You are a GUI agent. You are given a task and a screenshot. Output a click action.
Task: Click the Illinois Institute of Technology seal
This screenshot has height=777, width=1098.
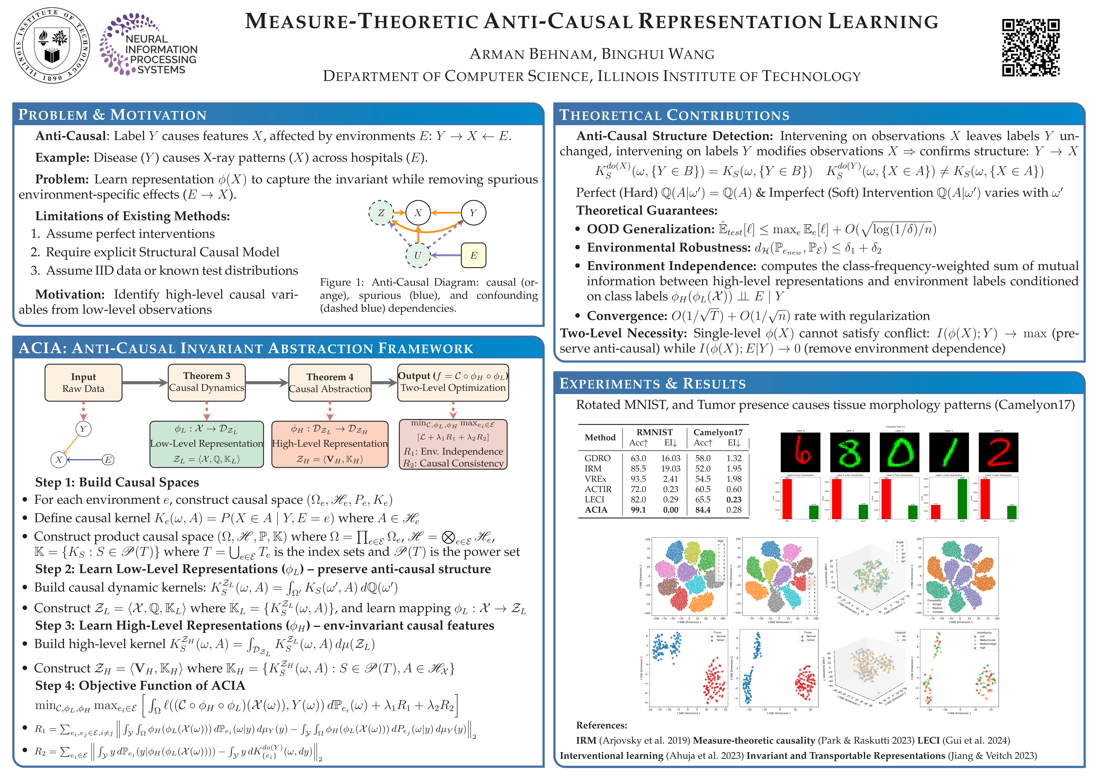tap(52, 45)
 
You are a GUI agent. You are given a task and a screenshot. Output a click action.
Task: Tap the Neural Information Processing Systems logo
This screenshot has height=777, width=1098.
tap(148, 45)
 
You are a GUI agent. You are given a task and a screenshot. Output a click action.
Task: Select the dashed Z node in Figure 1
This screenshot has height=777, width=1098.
tap(381, 213)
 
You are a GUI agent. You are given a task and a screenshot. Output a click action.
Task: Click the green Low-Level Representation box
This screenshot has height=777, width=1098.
tap(207, 444)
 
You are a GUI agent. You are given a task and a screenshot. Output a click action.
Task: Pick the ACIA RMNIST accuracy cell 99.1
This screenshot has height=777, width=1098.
tap(638, 510)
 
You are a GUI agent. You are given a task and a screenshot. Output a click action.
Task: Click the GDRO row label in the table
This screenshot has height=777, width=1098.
tap(597, 458)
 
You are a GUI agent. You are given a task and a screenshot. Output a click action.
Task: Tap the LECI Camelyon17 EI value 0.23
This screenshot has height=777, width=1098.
tap(734, 499)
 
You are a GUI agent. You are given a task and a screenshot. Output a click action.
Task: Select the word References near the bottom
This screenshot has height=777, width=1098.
tap(601, 725)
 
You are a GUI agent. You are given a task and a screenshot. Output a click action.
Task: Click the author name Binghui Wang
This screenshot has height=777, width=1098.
tap(658, 54)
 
